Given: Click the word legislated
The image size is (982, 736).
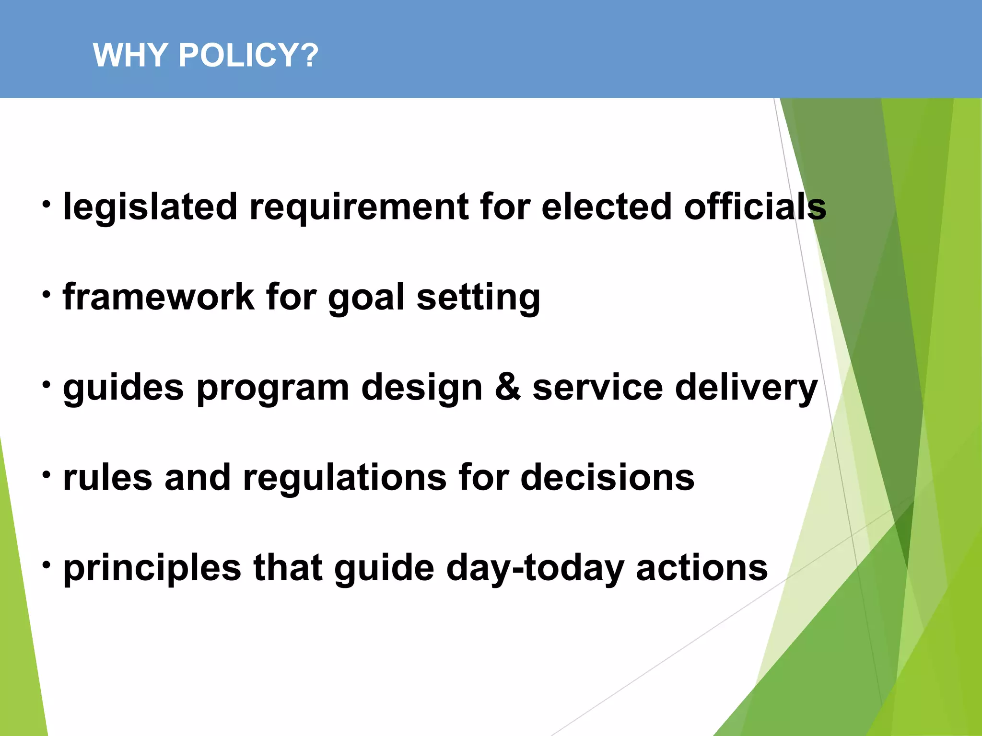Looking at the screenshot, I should pos(150,207).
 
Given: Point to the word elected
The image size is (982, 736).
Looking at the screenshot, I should pos(606,207).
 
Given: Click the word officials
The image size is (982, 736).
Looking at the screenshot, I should pos(755,207).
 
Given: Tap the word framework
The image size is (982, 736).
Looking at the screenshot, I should pos(158,297).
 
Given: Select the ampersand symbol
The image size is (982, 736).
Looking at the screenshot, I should pos(507,387).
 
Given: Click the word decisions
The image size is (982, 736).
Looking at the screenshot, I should pos(607,477).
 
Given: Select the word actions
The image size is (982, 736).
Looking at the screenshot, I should pos(701,568).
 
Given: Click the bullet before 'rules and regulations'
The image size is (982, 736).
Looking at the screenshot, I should pos(46,475).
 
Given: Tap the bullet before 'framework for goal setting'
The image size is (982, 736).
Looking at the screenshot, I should pos(46,294).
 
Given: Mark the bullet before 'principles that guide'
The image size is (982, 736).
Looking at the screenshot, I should pos(46,565).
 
